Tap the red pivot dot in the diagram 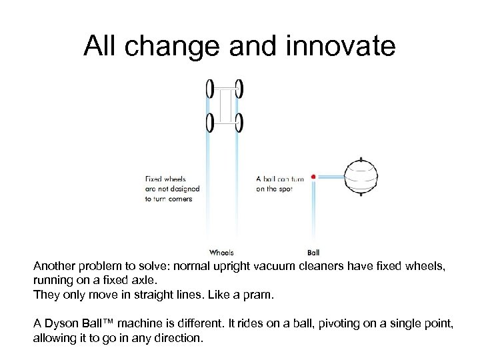pyautogui.click(x=313, y=177)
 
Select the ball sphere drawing pyautogui.click(x=361, y=177)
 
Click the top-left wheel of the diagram pyautogui.click(x=210, y=88)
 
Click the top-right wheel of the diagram pyautogui.click(x=239, y=88)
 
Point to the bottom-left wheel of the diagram pyautogui.click(x=210, y=123)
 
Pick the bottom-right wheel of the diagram pyautogui.click(x=239, y=123)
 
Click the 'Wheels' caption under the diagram pyautogui.click(x=221, y=253)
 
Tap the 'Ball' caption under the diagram pyautogui.click(x=313, y=253)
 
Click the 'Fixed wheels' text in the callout pyautogui.click(x=165, y=179)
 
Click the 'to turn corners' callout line pyautogui.click(x=169, y=199)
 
